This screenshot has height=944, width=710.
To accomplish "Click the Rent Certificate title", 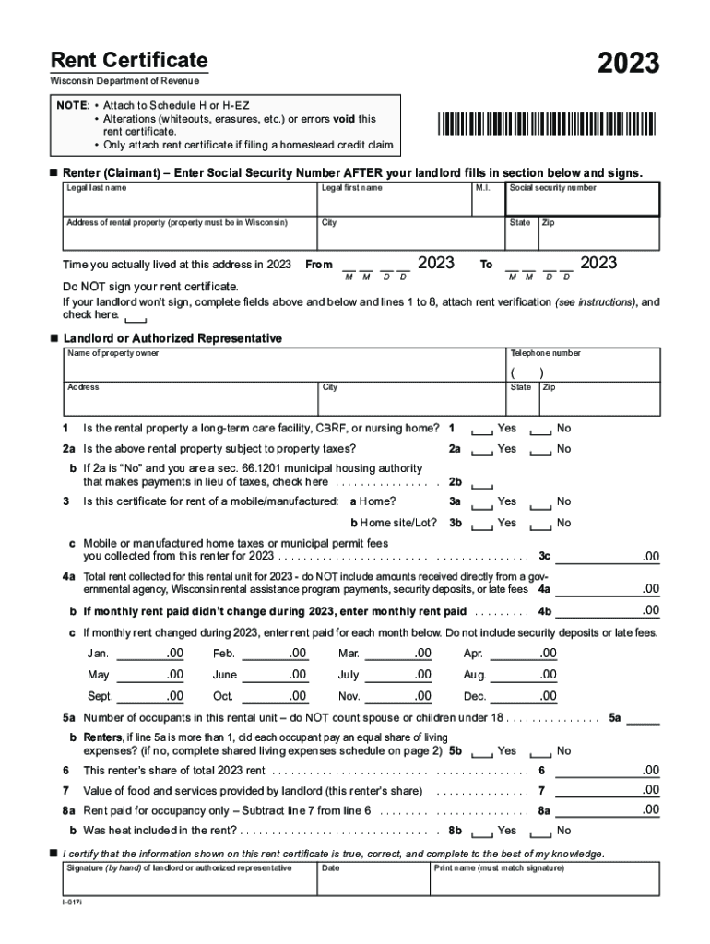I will tap(129, 61).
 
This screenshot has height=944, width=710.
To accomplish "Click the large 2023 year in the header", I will tap(628, 63).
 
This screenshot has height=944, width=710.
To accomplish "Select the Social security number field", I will tap(583, 199).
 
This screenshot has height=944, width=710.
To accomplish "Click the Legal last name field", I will tap(189, 200).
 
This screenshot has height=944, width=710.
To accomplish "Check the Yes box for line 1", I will tap(482, 431).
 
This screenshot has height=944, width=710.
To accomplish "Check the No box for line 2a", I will tap(542, 451).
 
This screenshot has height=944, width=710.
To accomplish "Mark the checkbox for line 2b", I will tap(482, 484).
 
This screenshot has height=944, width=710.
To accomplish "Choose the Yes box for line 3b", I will tap(482, 525).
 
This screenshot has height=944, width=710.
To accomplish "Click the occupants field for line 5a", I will tap(643, 718).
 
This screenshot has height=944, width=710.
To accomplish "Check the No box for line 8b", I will tap(542, 832).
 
